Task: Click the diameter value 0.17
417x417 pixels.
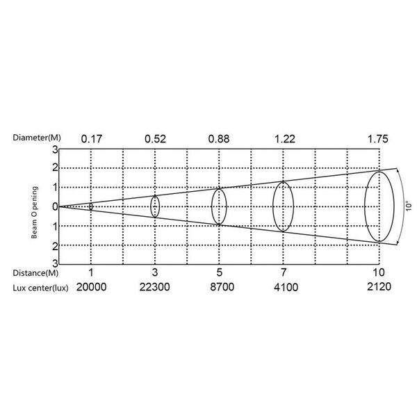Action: pos(92,139)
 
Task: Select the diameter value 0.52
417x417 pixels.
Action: pos(155,139)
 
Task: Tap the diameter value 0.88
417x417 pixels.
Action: pos(219,139)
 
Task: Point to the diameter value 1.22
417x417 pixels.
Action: pos(284,139)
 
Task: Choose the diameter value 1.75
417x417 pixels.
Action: pos(378,139)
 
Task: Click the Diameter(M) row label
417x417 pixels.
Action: pos(37,138)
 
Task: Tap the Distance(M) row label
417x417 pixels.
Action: pos(35,273)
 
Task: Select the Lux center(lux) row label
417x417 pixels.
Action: pos(40,288)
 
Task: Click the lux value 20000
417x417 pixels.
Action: pos(92,287)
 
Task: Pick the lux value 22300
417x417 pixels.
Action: pos(155,287)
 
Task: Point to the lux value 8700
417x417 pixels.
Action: pos(222,287)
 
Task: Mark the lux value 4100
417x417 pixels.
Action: pos(286,287)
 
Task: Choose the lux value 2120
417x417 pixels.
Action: pos(379,286)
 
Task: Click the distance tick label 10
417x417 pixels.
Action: pos(379,272)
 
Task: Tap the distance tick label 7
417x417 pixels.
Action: pos(284,272)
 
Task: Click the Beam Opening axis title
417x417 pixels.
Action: pos(35,212)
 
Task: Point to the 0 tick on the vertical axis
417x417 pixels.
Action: pos(55,206)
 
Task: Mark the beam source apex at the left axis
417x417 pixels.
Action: pos(59,206)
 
